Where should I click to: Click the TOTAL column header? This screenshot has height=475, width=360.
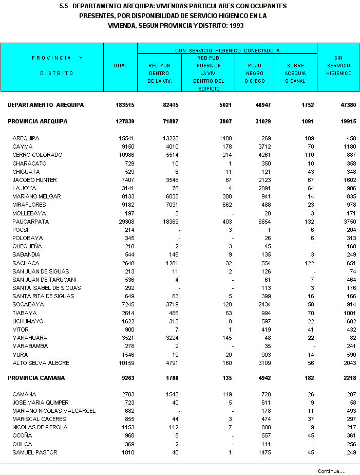coord(120,66)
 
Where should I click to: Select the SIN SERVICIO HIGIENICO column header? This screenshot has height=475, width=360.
coord(338,66)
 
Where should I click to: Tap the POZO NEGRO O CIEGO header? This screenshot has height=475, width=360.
coord(254,73)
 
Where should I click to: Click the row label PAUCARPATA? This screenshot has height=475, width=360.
coord(31,222)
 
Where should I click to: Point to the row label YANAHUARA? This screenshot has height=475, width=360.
coord(30,338)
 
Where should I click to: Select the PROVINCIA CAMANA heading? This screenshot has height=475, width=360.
coord(36,378)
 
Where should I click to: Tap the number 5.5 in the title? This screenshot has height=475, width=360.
coord(64,6)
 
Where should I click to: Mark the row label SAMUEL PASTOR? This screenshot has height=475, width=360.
coord(35,452)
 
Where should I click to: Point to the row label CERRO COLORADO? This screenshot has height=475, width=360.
coord(37,155)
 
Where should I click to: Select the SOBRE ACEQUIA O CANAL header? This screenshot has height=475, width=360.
coord(295,73)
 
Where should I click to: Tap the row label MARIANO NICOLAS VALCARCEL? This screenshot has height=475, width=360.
coord(54,411)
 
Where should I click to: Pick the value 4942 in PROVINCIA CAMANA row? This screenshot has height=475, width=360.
coord(262,378)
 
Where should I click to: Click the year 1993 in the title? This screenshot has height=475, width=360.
coord(235,25)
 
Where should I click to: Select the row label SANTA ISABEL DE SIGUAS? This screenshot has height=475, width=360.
coord(47,288)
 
